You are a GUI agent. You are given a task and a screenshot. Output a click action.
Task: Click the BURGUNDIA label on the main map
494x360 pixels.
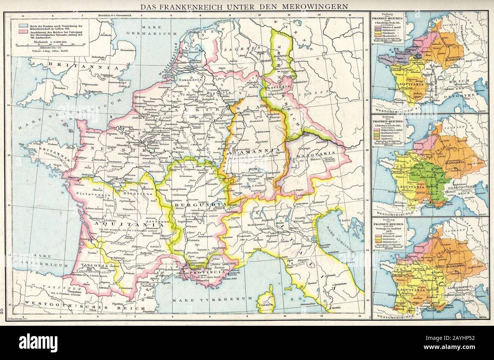click(194, 205)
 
